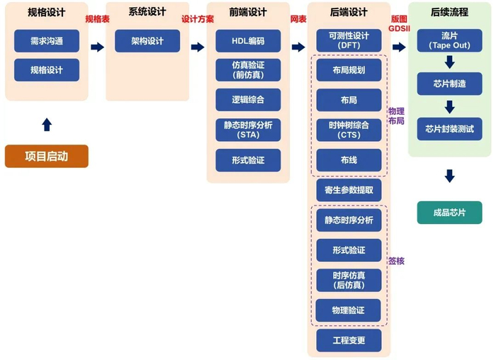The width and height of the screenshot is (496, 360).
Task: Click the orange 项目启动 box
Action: tap(47, 157)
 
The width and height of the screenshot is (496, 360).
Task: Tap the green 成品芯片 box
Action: tap(449, 213)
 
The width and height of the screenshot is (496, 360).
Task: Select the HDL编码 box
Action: tap(248, 41)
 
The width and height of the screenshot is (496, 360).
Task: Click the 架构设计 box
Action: tap(147, 41)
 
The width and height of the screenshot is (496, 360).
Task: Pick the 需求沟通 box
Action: tap(47, 41)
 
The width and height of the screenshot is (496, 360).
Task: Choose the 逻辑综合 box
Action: tap(248, 100)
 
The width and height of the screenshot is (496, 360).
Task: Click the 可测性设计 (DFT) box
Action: tap(349, 40)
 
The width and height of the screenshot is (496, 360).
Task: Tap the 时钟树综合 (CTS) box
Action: tap(349, 130)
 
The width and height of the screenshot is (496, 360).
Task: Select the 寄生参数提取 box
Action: tap(349, 190)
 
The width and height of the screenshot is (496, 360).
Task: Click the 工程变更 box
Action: tap(349, 340)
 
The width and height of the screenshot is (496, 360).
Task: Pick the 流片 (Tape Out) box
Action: tap(449, 40)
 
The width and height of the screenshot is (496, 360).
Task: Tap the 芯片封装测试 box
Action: tap(449, 129)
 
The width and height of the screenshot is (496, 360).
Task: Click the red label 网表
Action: tap(298, 19)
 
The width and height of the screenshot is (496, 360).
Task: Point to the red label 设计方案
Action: tap(198, 19)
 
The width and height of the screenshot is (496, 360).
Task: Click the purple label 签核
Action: tap(396, 261)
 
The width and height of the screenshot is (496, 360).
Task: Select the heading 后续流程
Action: tap(449, 12)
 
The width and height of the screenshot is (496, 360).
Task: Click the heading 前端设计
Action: tap(248, 12)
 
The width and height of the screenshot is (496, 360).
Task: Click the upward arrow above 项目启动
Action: tap(47, 125)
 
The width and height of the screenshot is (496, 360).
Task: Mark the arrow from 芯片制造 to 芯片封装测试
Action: tap(449, 107)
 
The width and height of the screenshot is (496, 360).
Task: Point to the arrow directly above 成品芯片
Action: tap(449, 176)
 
